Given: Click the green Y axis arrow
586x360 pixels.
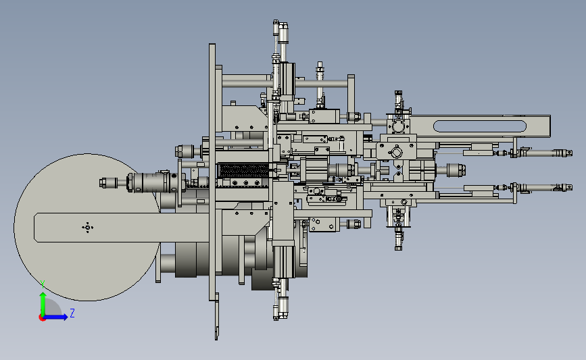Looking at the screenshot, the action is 43,304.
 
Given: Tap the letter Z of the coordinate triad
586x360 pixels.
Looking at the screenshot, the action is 72,313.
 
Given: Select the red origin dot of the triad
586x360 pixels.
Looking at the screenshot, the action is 42,318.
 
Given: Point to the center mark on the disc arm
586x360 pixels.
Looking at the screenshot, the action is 87,227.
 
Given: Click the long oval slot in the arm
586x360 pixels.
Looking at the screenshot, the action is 479,126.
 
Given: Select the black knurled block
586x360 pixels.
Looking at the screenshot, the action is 243,171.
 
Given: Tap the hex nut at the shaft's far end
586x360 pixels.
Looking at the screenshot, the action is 103,183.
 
